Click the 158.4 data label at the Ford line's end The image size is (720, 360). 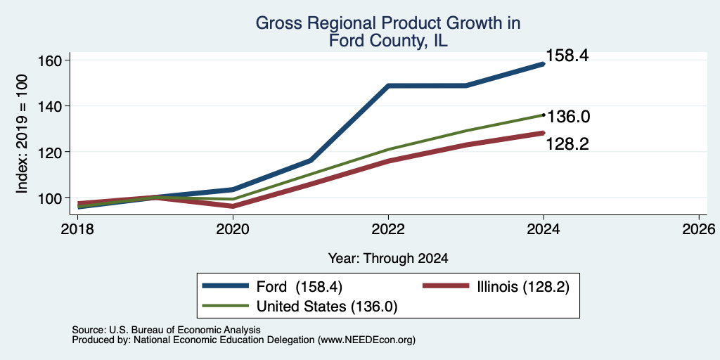click(x=567, y=56)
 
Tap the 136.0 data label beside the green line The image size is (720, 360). click(x=568, y=117)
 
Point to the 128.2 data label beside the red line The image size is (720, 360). click(x=567, y=144)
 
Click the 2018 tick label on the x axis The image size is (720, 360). click(x=77, y=229)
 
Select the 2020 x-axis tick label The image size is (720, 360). click(x=233, y=229)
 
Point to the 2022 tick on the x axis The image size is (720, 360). click(x=388, y=229)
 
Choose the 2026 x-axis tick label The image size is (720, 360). click(x=699, y=229)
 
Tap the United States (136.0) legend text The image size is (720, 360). click(x=326, y=307)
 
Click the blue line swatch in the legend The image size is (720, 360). click(x=226, y=286)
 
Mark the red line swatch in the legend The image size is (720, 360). click(x=445, y=286)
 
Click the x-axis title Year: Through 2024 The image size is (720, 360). click(x=388, y=259)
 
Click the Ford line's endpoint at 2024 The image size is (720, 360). click(x=544, y=64)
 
